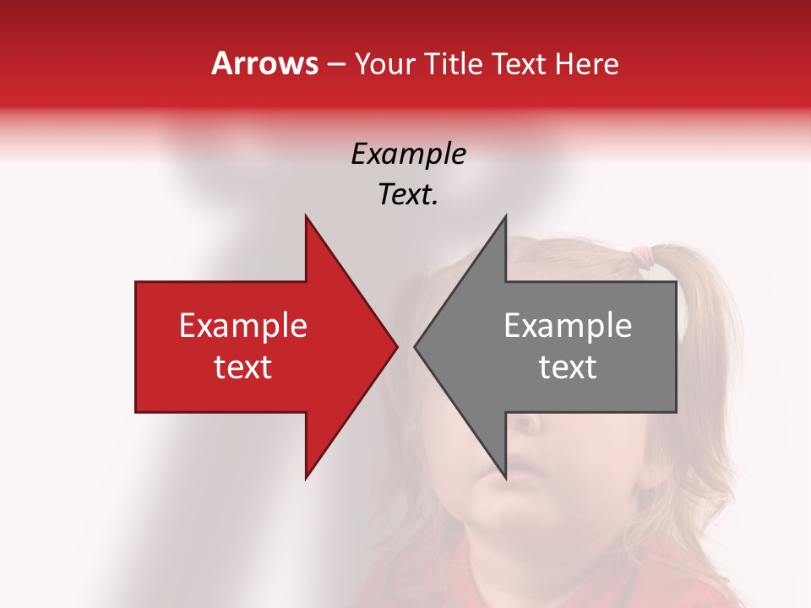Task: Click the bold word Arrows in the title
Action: [264, 63]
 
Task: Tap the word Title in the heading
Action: [453, 64]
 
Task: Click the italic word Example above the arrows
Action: [409, 154]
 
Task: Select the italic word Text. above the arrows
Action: [408, 194]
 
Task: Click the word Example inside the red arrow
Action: [243, 326]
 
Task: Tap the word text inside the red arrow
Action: [243, 367]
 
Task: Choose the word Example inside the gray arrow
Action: [568, 326]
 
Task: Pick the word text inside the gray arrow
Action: [568, 367]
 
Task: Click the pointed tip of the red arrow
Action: [395, 345]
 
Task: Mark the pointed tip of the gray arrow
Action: [416, 345]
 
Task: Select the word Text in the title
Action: [519, 64]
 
